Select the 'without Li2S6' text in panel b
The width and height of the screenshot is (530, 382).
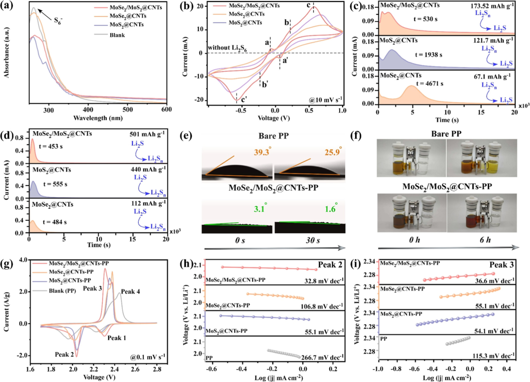tap(230, 48)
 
